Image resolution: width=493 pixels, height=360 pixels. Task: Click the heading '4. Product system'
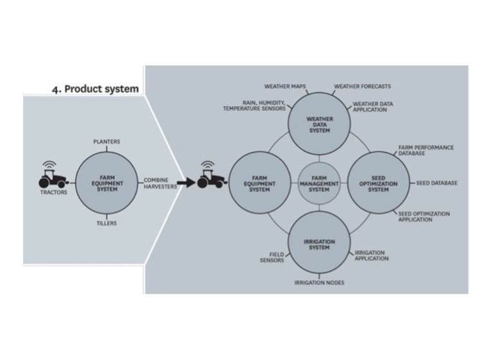[95, 89]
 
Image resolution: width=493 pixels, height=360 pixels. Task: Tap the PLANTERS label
[107, 141]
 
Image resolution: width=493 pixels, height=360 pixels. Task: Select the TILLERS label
[107, 223]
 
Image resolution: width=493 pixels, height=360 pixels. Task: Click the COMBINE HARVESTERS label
[160, 183]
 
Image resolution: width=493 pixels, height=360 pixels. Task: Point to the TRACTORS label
[53, 192]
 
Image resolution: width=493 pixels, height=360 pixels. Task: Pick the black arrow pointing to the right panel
[186, 182]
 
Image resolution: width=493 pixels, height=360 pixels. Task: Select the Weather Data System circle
[319, 124]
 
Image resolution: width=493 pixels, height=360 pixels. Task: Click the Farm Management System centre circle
[319, 183]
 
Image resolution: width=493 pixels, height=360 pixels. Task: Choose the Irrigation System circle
[319, 242]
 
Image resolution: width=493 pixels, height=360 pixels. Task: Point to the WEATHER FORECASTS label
[362, 86]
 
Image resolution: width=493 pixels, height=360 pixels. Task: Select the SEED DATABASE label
[437, 183]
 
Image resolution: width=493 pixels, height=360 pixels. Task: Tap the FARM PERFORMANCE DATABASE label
[426, 150]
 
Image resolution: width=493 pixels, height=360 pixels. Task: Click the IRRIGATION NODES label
[319, 282]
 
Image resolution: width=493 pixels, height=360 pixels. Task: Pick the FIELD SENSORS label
[272, 257]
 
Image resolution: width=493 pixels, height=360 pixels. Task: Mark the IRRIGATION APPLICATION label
[372, 255]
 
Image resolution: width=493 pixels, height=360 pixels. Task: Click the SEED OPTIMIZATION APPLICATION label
[424, 216]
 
